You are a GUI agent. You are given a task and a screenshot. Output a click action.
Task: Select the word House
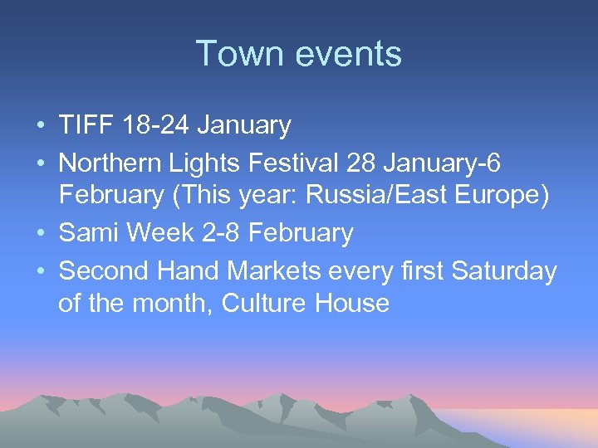(352, 304)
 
